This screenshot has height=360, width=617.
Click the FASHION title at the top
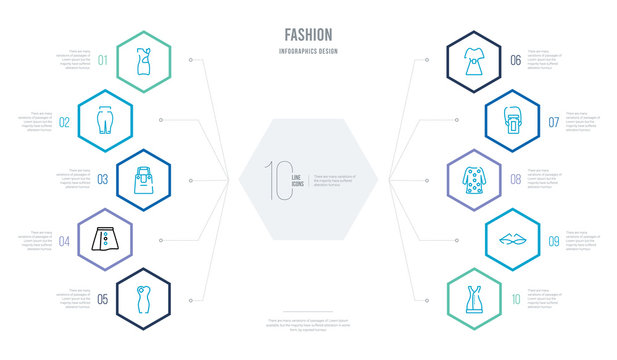(308, 34)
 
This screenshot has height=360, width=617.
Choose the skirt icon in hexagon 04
(105, 239)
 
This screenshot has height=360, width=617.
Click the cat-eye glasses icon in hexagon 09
(511, 239)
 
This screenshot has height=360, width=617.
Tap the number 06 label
(516, 61)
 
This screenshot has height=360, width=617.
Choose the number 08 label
(516, 180)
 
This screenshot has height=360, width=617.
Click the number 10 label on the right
(516, 298)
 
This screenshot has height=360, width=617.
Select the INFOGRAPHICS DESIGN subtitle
(308, 49)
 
